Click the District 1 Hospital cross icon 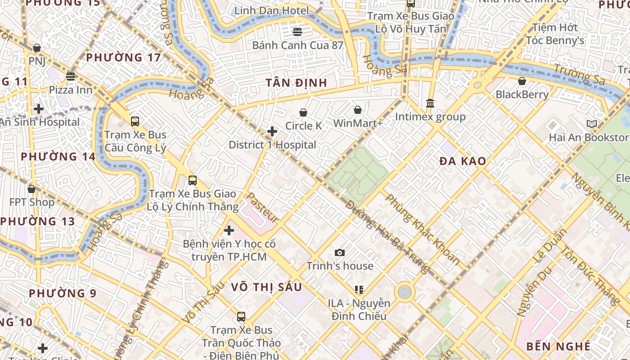(x=272, y=131)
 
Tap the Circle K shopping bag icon (x=303, y=112)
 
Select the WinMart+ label (x=358, y=123)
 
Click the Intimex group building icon (x=430, y=103)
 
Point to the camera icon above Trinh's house (x=340, y=253)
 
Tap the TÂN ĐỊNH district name (x=296, y=83)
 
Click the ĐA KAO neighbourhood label (x=463, y=161)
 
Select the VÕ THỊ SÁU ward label (x=266, y=287)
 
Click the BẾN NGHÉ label (x=558, y=346)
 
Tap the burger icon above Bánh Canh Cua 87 (x=297, y=31)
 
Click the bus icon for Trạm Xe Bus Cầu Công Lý (x=135, y=121)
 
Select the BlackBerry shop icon (x=522, y=81)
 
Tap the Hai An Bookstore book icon (x=591, y=124)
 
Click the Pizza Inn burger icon (x=71, y=76)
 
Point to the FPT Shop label (x=32, y=202)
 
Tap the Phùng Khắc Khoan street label (x=423, y=229)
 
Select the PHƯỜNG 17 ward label (x=123, y=58)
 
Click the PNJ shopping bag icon (x=37, y=48)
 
